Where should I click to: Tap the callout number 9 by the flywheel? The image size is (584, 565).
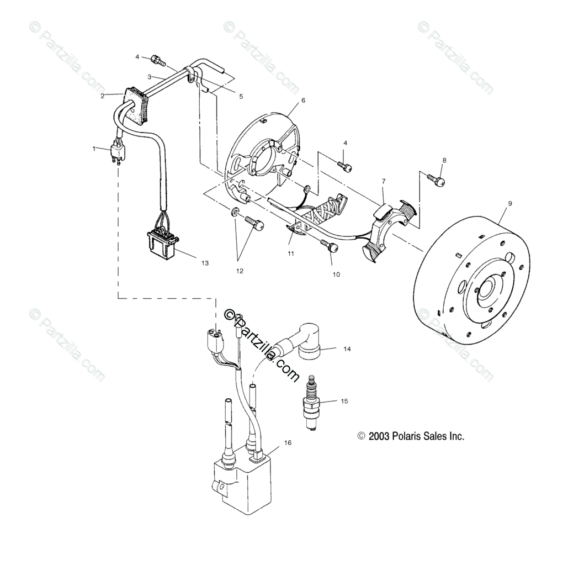510,203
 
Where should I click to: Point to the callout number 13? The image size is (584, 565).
205,263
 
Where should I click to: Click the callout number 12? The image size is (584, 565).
240,271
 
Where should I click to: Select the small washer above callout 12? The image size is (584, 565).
235,212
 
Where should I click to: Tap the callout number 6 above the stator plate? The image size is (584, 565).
303,101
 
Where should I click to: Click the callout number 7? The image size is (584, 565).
384,181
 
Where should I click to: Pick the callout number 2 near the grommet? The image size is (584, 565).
103,96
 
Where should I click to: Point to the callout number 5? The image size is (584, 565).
241,96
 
